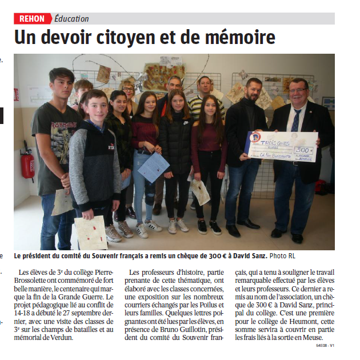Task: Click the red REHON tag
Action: (32, 19)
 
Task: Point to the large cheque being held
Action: (282, 146)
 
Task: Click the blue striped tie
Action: (296, 120)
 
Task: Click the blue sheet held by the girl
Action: (154, 167)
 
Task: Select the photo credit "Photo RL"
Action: (283, 255)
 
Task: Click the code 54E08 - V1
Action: (324, 346)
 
